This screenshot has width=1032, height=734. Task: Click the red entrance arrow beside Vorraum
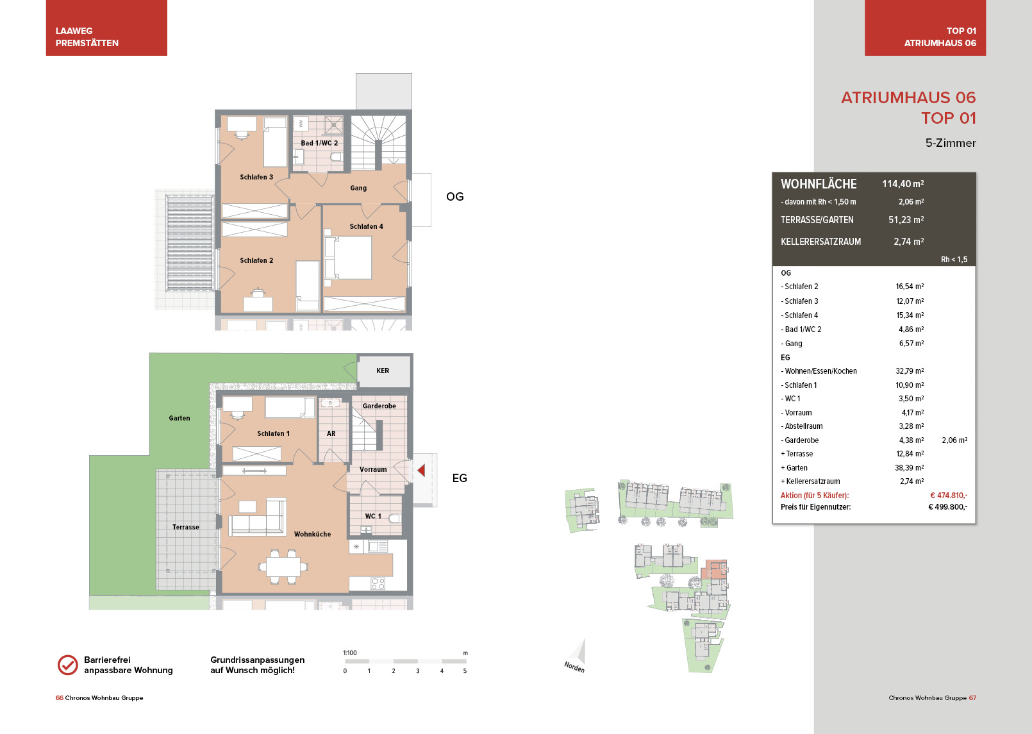point(420,470)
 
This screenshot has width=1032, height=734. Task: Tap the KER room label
point(383,371)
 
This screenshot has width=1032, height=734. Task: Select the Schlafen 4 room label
point(366,226)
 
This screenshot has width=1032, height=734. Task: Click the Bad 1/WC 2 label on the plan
point(319,143)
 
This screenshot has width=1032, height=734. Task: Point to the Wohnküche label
point(312,534)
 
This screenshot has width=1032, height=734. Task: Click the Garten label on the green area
point(179,418)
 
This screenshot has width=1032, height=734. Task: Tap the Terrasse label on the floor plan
point(186,527)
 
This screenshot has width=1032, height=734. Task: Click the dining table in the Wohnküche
point(283,566)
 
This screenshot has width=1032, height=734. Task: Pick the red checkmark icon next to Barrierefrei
point(68,665)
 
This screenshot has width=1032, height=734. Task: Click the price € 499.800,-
point(947,507)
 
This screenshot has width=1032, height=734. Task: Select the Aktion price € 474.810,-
point(949,496)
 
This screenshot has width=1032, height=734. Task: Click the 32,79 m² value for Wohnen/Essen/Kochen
point(910,371)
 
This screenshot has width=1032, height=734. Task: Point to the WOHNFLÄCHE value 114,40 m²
point(903,184)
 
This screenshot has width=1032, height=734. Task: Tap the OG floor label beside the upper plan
point(454,197)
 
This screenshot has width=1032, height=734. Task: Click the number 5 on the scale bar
point(465,671)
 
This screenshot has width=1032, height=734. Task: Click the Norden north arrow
point(578,655)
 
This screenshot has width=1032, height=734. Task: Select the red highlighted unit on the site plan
point(713,569)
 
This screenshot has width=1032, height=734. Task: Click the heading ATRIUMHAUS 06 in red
point(908,97)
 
